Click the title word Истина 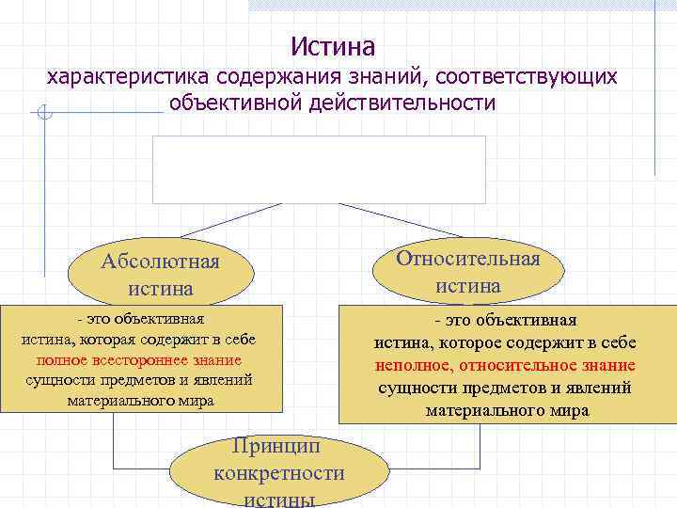(x=333, y=45)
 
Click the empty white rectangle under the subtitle (x=320, y=169)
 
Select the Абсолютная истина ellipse (x=160, y=274)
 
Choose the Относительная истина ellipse (x=468, y=271)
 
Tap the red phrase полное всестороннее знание (x=139, y=360)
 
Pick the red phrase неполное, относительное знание (x=505, y=366)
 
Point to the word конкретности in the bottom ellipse (x=279, y=472)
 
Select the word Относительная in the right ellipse (x=468, y=259)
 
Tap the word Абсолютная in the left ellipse (x=160, y=261)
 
